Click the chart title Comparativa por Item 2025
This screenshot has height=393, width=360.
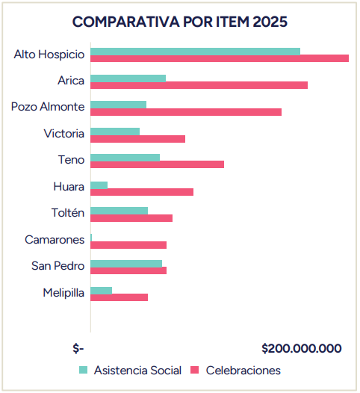pos(179,22)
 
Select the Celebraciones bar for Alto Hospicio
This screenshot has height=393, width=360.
pos(220,58)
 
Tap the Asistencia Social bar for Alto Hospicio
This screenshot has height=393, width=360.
pos(195,52)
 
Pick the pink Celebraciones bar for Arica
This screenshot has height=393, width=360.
pos(199,85)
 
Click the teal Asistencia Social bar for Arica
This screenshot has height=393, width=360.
pos(128,78)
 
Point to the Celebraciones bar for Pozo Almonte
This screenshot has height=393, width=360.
pos(186,112)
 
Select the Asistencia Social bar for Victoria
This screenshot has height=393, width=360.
pos(115,131)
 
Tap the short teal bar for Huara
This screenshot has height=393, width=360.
pos(99,185)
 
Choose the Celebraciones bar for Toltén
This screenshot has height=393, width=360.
pos(131,218)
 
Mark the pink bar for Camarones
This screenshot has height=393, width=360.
pos(128,245)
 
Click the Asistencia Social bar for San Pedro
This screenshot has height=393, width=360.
pos(126,264)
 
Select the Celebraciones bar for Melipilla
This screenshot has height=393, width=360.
pos(119,297)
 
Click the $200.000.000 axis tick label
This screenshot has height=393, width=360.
pos(302,349)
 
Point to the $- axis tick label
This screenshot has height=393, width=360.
pos(78,349)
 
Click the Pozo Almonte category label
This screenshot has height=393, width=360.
pos(48,106)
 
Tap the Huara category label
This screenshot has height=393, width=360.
pos(69,186)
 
